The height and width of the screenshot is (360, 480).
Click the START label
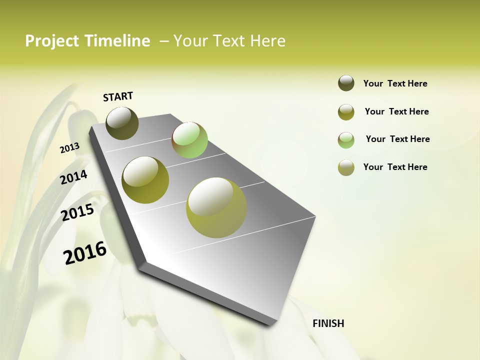click(118, 96)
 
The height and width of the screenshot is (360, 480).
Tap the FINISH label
click(328, 323)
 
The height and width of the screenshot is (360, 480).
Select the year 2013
click(69, 148)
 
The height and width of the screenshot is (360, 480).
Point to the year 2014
click(73, 177)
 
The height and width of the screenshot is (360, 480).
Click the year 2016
click(85, 253)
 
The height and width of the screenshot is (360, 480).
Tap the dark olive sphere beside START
click(122, 123)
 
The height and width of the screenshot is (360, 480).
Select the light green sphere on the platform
click(189, 140)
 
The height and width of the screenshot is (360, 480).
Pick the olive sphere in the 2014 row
click(145, 180)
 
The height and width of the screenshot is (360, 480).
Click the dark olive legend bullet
click(346, 83)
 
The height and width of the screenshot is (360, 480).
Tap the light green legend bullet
click(346, 140)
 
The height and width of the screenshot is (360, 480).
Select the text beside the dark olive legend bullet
click(395, 83)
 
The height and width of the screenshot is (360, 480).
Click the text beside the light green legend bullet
click(397, 139)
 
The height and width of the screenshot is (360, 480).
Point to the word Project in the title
click(53, 41)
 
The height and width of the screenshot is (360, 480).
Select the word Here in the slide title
click(267, 41)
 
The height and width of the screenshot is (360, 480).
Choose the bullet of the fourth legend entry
click(346, 168)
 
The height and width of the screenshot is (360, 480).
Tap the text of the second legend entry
click(396, 111)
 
